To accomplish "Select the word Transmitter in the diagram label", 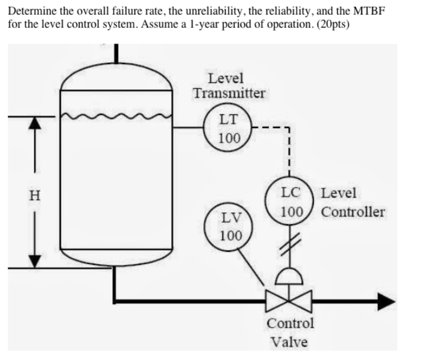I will click(x=229, y=93).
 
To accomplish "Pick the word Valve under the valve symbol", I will click(x=290, y=342).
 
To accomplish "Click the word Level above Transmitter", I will click(x=225, y=78).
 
